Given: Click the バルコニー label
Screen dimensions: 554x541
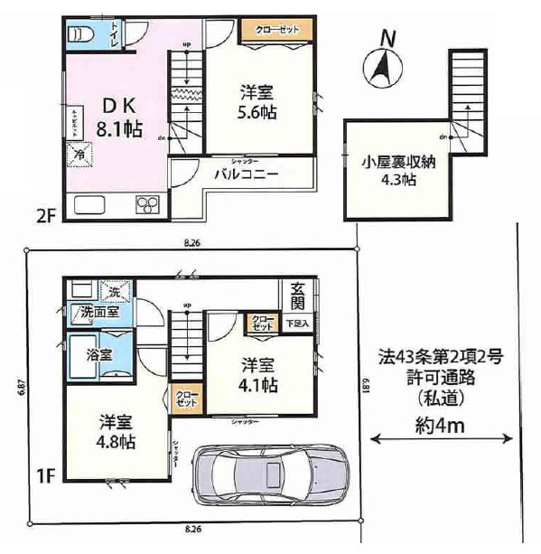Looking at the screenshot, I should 252,174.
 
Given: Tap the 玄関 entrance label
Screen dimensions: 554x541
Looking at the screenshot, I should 297,296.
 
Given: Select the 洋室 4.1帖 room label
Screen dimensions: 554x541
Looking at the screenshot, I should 259,374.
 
